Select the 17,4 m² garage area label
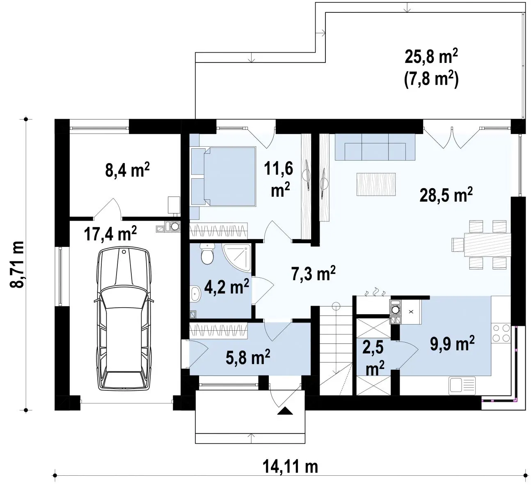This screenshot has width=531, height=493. [x=110, y=233]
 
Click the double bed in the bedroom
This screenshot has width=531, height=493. [x=224, y=177]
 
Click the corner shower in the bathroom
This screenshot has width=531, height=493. [x=236, y=258]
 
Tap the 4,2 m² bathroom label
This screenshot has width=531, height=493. [x=227, y=286]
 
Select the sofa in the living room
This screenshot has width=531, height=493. [x=375, y=147]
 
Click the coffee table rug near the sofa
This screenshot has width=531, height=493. [x=376, y=184]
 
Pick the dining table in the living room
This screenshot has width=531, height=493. [x=488, y=244]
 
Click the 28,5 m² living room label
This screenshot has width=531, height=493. [x=446, y=194]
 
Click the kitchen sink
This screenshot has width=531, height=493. [x=462, y=386]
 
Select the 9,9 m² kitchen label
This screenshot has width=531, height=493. [x=452, y=343]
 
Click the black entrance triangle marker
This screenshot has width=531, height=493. [x=285, y=411]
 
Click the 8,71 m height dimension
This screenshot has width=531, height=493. [x=17, y=264]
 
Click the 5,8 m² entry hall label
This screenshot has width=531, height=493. [x=248, y=357]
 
